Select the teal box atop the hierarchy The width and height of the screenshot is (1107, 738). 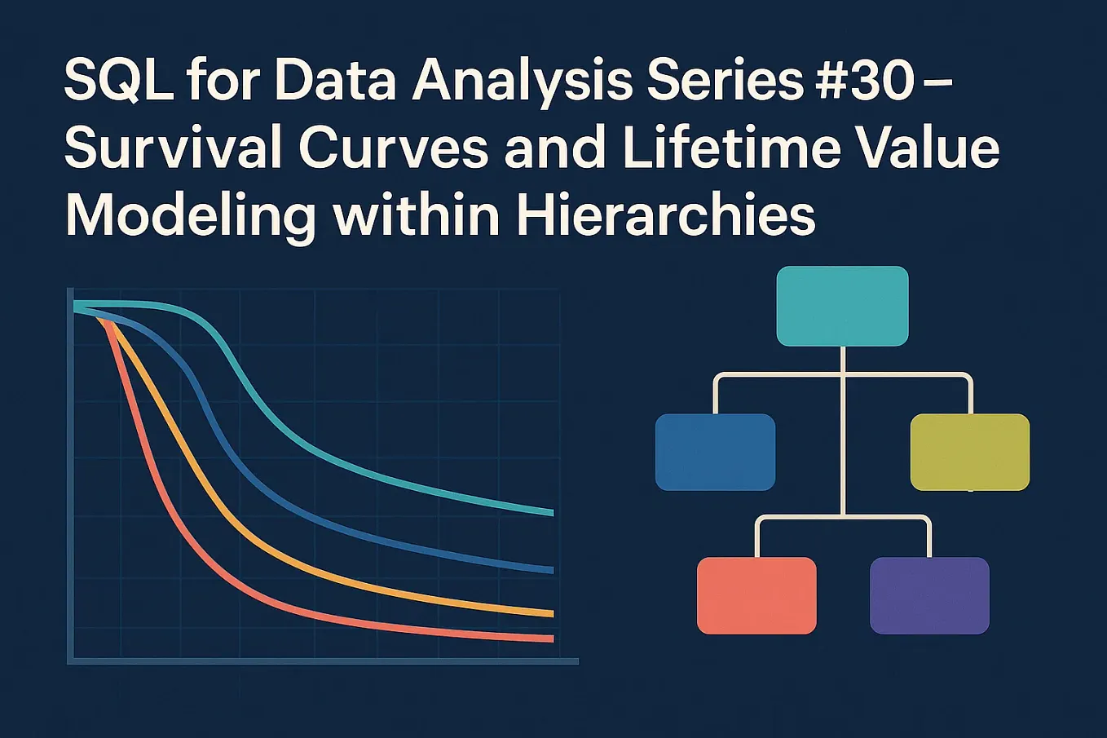[842, 306]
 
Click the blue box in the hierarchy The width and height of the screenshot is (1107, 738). [715, 452]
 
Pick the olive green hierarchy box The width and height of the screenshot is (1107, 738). [969, 452]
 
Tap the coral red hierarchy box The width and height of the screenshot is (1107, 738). [756, 595]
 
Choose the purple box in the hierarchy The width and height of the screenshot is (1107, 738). [929, 595]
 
